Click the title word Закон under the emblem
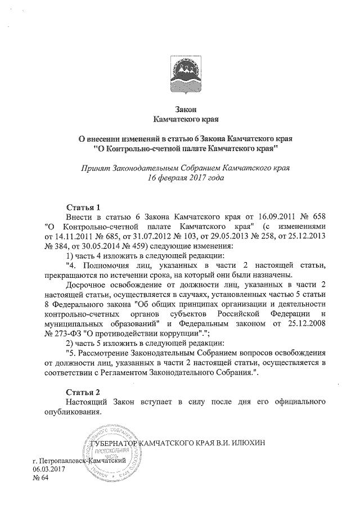point(185,109)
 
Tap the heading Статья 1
point(83,206)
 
